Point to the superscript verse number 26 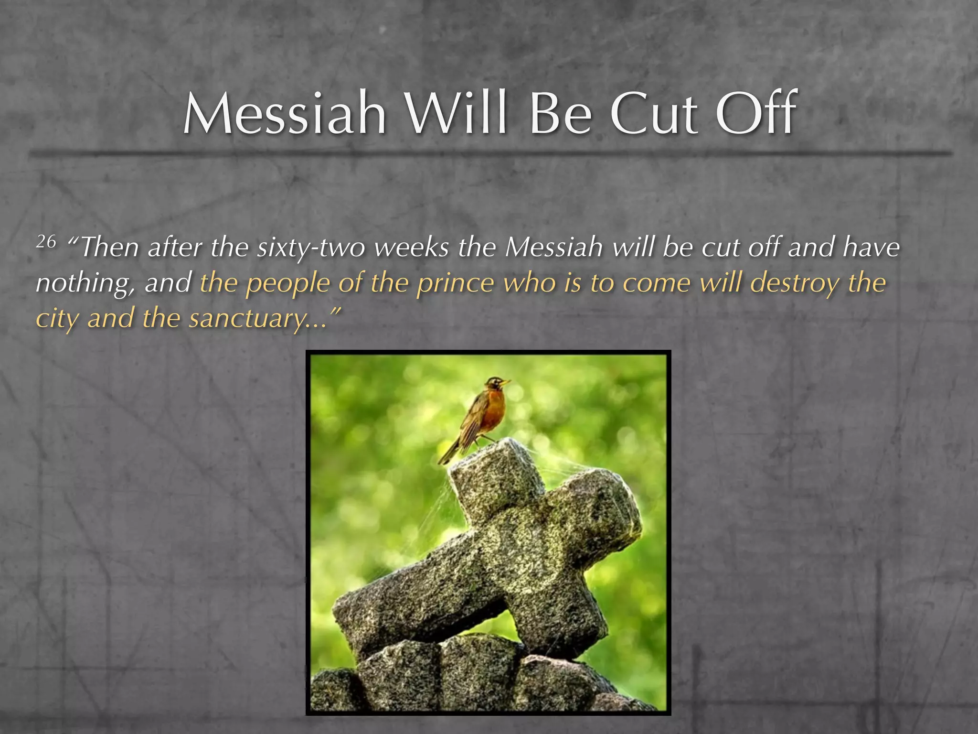coord(46,242)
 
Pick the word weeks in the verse coord(411,248)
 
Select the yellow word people coord(287,283)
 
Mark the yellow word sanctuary coord(246,318)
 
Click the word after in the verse coord(175,248)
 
